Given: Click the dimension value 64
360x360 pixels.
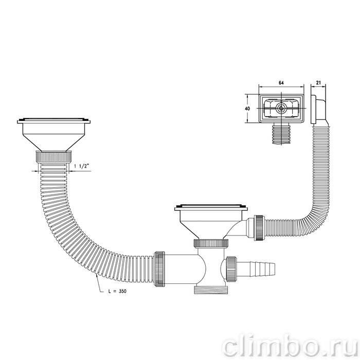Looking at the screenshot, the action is [x=281, y=83].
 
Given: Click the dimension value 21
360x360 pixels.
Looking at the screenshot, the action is [x=318, y=83].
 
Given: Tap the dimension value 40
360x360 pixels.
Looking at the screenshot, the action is [x=247, y=109].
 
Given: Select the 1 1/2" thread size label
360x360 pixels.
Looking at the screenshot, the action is [x=81, y=166].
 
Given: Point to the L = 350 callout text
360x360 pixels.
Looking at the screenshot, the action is [x=117, y=291].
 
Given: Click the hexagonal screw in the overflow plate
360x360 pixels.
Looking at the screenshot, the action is [x=281, y=109].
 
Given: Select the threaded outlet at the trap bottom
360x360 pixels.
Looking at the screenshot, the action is [x=211, y=290].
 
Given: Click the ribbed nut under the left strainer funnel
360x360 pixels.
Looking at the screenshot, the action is [x=53, y=156].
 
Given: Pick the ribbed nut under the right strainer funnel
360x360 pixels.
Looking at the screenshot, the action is [x=211, y=243].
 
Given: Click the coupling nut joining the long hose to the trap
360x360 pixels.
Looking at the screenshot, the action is [x=159, y=269].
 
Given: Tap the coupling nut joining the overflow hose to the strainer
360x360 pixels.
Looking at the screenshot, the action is [x=259, y=228].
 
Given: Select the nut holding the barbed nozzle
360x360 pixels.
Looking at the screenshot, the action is [x=230, y=268].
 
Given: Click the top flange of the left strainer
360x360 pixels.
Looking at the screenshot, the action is [x=53, y=121].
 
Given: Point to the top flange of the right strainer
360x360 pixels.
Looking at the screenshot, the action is [x=211, y=207].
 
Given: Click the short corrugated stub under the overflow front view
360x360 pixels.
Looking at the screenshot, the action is [x=281, y=134].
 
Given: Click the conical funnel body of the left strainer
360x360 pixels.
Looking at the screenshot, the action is [x=53, y=138].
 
